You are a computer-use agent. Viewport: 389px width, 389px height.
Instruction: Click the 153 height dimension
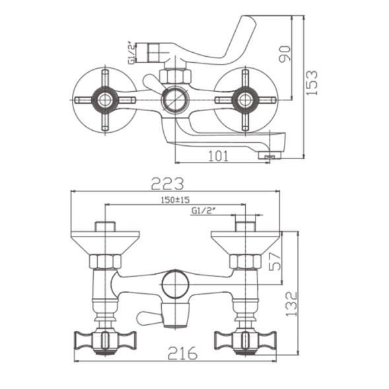pos(312,83)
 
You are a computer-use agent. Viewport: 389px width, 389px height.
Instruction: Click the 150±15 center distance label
pos(175,199)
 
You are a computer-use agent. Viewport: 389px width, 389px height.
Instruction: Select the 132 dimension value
pos(291,304)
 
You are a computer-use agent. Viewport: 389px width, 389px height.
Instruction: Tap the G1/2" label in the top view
pos(131,53)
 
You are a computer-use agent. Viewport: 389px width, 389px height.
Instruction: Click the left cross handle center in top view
pos(105,100)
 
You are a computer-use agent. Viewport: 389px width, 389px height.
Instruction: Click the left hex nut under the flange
pos(105,261)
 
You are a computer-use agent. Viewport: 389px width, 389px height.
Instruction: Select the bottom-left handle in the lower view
pos(105,340)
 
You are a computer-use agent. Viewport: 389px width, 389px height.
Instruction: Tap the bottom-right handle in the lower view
pos(245,340)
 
